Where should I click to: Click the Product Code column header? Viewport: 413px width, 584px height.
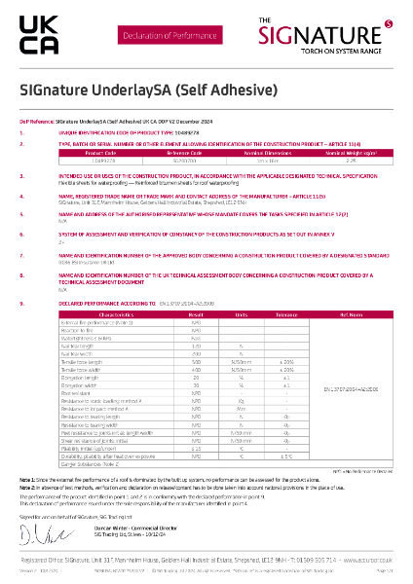point(101,152)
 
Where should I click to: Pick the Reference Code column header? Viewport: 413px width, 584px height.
point(182,152)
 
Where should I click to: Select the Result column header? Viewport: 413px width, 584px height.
point(196,315)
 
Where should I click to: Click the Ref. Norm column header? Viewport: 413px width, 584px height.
point(350,315)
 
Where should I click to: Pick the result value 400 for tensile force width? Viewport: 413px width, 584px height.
point(196,370)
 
